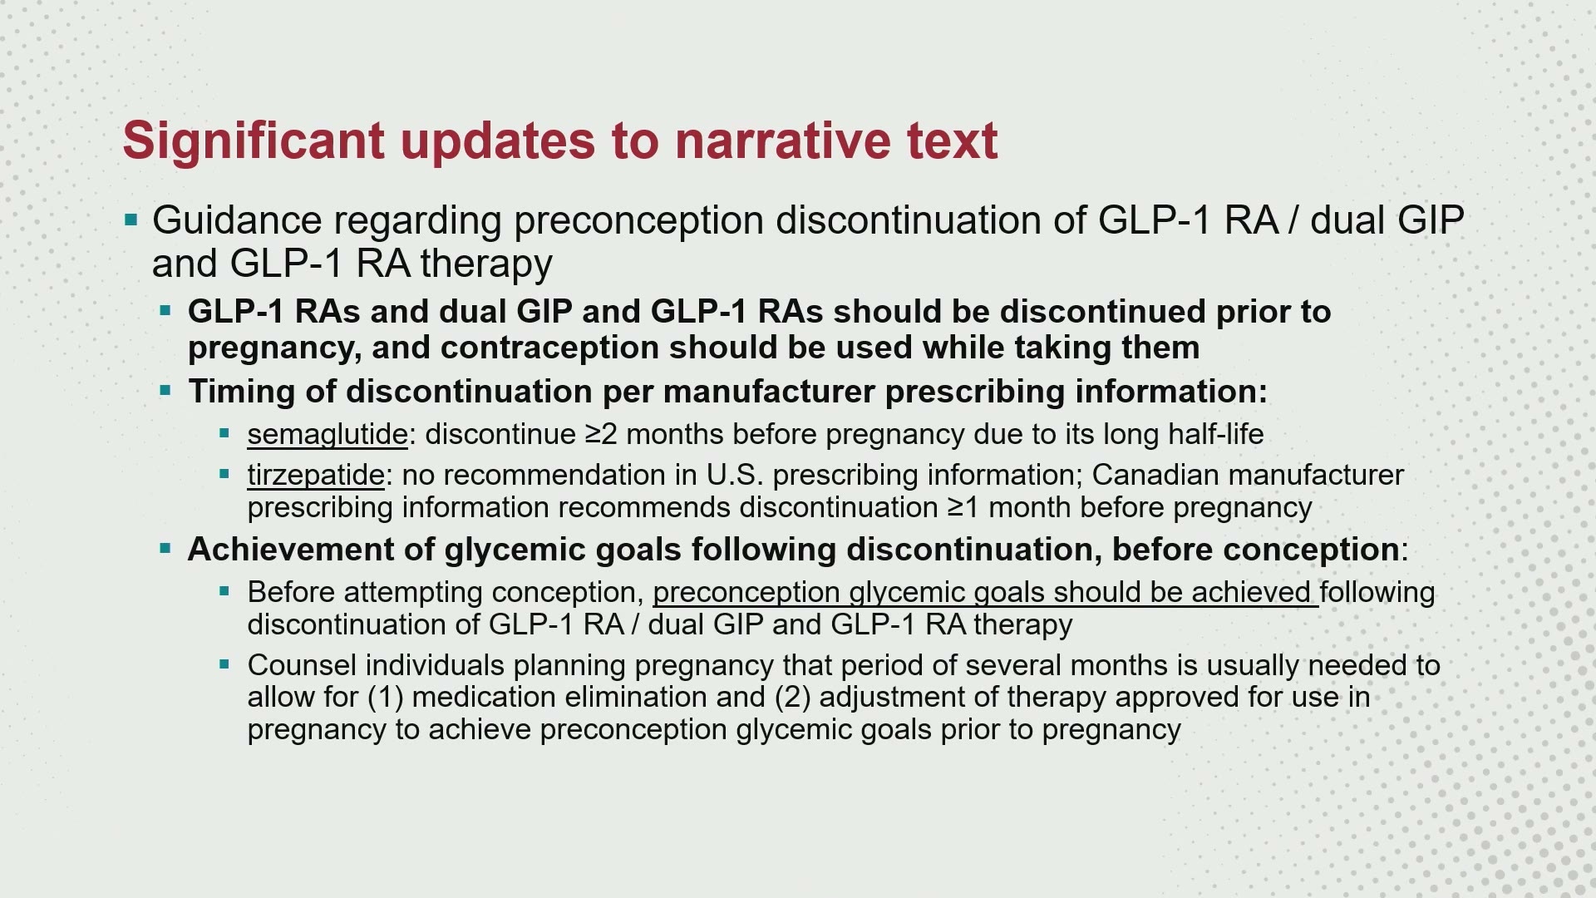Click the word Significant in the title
point(254,141)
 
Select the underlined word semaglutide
point(328,434)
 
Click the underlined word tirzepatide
point(316,475)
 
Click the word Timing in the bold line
point(241,392)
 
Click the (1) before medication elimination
point(386,697)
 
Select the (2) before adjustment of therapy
point(792,697)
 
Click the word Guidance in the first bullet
point(237,220)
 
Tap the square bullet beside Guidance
point(131,220)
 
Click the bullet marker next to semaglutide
point(224,433)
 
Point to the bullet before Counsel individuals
point(224,664)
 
